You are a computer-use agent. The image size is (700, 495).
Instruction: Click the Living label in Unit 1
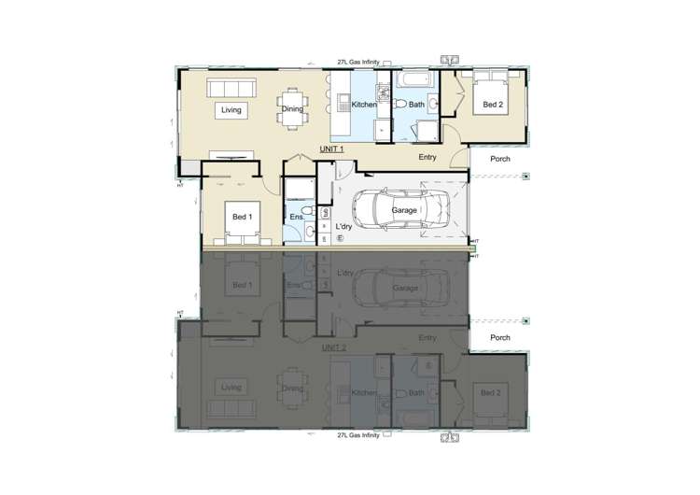231,110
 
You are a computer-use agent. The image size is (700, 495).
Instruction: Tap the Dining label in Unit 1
291,110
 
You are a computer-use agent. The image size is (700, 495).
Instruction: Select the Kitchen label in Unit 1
364,106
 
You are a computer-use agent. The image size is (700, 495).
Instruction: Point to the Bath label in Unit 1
416,106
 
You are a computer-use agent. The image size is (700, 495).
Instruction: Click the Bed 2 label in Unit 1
493,106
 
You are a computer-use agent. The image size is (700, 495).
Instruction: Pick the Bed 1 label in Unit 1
242,217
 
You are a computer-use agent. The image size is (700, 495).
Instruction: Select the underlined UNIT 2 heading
333,347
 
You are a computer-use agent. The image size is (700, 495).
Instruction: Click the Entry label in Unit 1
427,158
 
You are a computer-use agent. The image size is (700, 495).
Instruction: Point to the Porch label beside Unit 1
500,158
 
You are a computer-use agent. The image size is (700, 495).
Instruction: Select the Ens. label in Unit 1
295,219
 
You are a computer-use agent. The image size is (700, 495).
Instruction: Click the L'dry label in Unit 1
344,226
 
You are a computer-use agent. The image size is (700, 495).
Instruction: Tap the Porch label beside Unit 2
500,338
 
